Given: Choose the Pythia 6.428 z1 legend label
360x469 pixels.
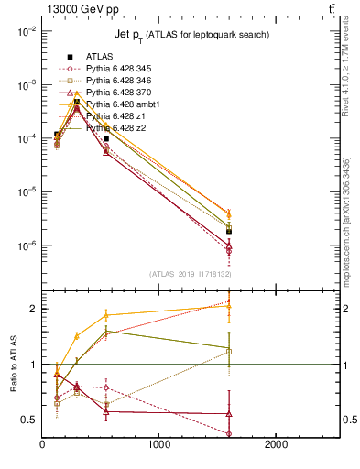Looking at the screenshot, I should [113, 116].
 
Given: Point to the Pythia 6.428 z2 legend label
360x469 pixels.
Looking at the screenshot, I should [113, 128].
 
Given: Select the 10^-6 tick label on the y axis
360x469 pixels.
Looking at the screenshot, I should [25, 245].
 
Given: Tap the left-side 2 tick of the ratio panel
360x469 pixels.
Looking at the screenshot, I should [32, 309].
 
